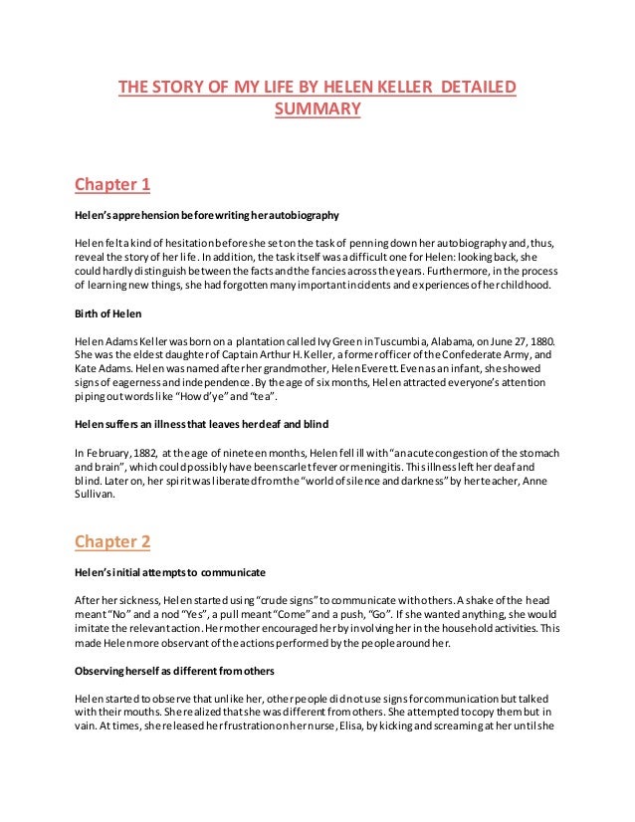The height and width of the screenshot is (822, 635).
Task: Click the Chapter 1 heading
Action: point(112,184)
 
